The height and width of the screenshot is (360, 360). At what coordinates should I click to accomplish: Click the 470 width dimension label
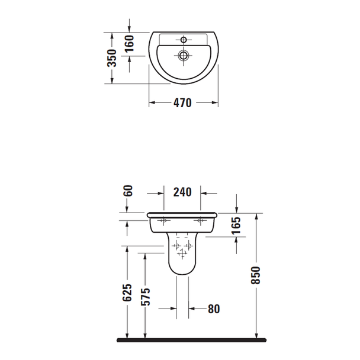pos(182,103)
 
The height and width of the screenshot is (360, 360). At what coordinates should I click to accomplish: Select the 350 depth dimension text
pos(111,57)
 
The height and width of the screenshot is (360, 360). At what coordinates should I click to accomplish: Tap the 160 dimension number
pos(130,43)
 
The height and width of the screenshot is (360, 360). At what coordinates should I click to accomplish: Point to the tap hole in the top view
pos(184,40)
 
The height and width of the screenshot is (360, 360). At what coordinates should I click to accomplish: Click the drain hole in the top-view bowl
pos(184,56)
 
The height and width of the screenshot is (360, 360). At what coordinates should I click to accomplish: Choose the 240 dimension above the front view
pos(182,192)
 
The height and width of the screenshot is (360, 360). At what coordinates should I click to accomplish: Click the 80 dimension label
pos(214,308)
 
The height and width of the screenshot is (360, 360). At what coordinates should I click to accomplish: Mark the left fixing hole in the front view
pos(165,221)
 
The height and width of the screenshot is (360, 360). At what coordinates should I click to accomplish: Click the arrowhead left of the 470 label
pos(151,103)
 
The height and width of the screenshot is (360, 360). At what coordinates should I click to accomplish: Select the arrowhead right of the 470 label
pos(215,103)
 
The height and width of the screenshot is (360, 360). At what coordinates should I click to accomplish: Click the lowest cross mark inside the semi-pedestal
pos(182,253)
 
